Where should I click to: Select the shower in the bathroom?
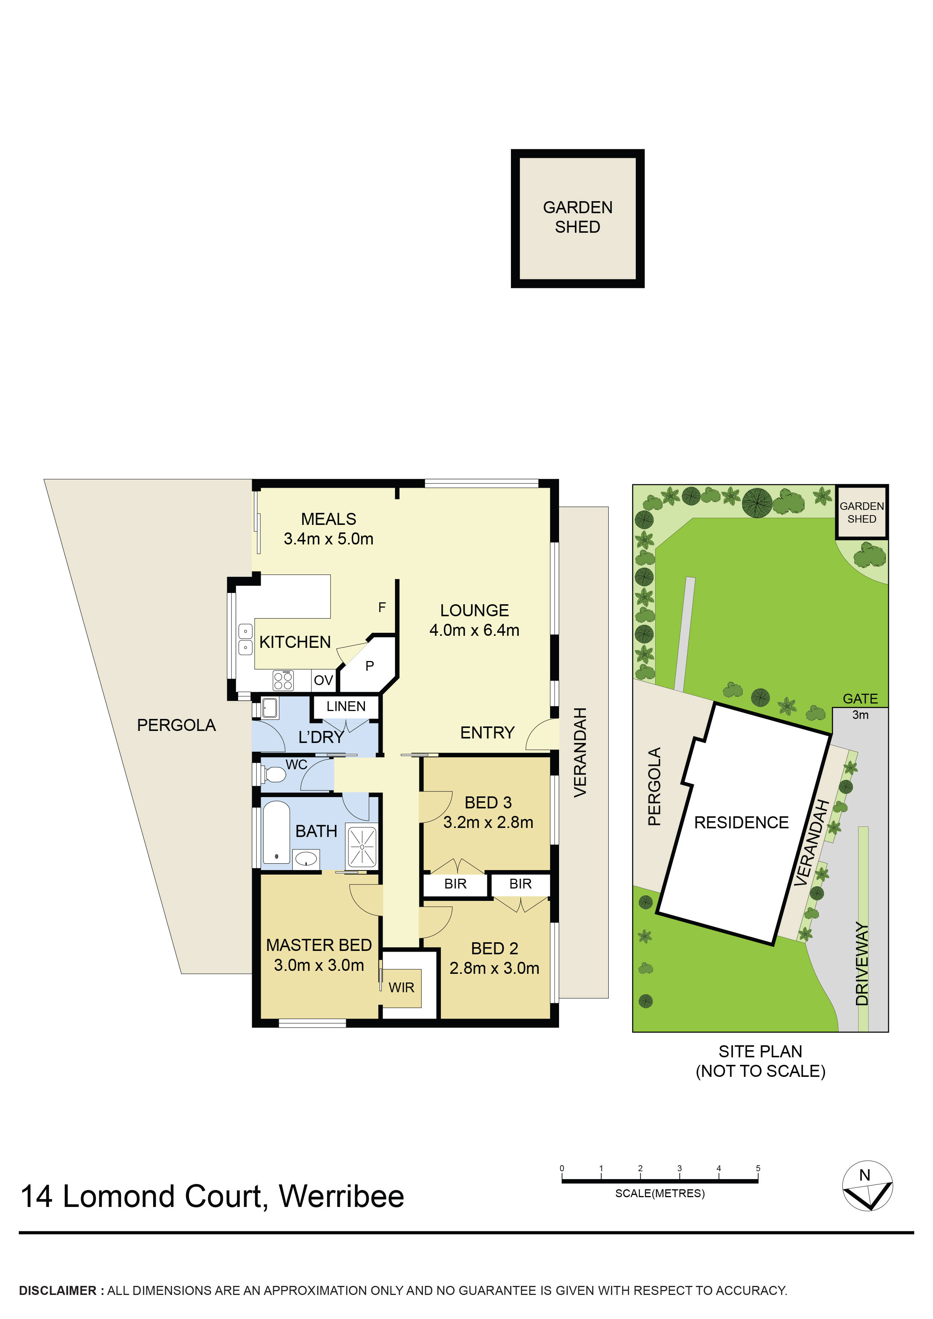pos(362,846)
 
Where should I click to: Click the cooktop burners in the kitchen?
pos(283,681)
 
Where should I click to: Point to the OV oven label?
pos(323,681)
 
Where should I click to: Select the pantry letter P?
pos(370,666)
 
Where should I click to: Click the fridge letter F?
pos(382,607)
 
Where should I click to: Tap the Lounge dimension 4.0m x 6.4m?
pos(474,630)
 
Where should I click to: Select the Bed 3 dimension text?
pos(488,823)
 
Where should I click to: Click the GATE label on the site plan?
pos(860,699)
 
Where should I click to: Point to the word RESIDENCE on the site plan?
pos(741,823)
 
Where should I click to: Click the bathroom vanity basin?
pos(306,860)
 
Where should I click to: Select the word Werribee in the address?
pos(342,1197)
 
